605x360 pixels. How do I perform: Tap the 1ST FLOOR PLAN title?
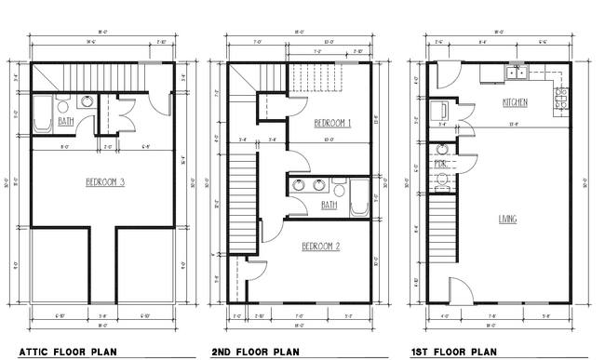[454, 352]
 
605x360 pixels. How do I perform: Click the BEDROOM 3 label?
[105, 182]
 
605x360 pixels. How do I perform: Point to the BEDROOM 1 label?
[331, 123]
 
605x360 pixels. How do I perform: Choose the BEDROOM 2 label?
[320, 247]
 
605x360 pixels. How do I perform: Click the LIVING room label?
[508, 220]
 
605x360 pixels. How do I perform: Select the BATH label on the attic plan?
[66, 121]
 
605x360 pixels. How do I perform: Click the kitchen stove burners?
[561, 89]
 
